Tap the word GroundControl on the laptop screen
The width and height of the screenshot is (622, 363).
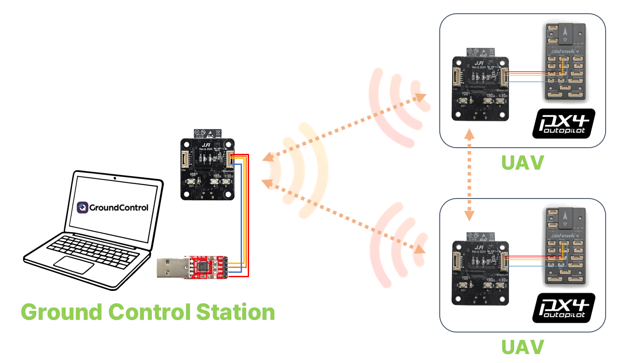pos(119,207)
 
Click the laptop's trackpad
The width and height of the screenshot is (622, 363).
pos(74,264)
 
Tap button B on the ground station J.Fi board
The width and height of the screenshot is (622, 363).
pos(227,182)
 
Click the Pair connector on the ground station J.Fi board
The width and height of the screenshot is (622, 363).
pos(185,159)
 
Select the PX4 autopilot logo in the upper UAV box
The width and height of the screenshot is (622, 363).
pos(563,124)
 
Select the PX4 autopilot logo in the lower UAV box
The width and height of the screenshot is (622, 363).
pos(563,308)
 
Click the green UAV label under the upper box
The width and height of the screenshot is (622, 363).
pos(522,163)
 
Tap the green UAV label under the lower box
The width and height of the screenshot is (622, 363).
pos(522,347)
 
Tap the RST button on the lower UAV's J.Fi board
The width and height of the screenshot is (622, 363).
pos(463,285)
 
